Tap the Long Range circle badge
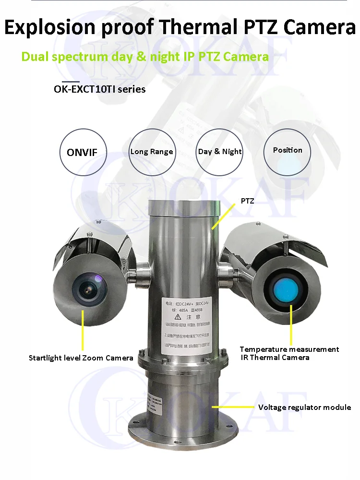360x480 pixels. (x=152, y=152)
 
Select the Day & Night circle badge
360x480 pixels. (x=220, y=152)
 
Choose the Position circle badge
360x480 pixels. (x=288, y=150)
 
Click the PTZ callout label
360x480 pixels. (x=247, y=201)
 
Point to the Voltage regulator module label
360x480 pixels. (x=304, y=408)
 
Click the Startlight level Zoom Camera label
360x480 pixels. (x=81, y=358)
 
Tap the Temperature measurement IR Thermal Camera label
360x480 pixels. (x=289, y=353)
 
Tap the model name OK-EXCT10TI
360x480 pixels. (x=87, y=89)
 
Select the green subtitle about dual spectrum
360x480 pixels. (x=145, y=57)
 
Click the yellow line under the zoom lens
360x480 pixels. (x=83, y=331)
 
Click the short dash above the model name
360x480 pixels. (x=71, y=82)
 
